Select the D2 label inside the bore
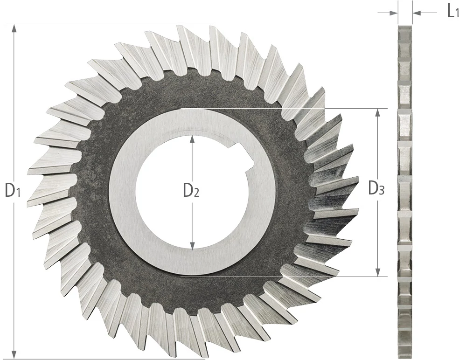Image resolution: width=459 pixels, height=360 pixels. [x=191, y=190]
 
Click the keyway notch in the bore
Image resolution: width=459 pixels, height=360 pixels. [x=245, y=157]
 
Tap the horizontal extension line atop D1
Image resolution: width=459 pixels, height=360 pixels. [x=112, y=23]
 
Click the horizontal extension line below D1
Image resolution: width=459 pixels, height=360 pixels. [x=107, y=359]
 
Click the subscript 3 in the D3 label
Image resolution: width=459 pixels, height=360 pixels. [x=382, y=190]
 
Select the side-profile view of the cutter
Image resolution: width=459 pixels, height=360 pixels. [x=404, y=187]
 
